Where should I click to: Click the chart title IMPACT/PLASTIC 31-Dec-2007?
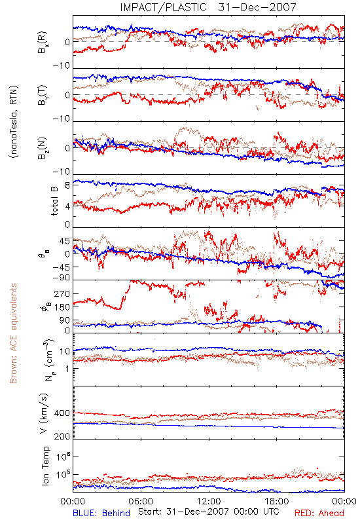click(208, 7)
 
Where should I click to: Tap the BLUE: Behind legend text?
click(101, 513)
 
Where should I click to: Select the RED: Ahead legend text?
click(319, 513)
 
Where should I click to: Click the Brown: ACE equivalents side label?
click(13, 333)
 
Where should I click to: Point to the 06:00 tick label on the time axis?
click(141, 501)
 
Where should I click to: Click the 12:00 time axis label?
click(209, 501)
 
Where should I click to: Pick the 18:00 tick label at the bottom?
click(277, 501)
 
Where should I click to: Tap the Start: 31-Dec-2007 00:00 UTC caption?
click(209, 512)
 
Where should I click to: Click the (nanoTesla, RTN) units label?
click(14, 122)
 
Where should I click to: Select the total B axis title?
click(54, 201)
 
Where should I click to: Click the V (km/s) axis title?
click(44, 413)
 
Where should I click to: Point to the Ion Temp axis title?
click(45, 466)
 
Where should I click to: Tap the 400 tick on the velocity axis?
click(62, 413)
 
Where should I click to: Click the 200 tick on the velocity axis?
click(62, 436)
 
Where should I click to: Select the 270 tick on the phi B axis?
click(62, 293)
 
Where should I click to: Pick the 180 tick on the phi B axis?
click(62, 307)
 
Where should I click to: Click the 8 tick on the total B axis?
click(67, 186)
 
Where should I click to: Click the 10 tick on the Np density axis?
click(65, 352)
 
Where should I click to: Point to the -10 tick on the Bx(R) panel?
click(61, 66)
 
